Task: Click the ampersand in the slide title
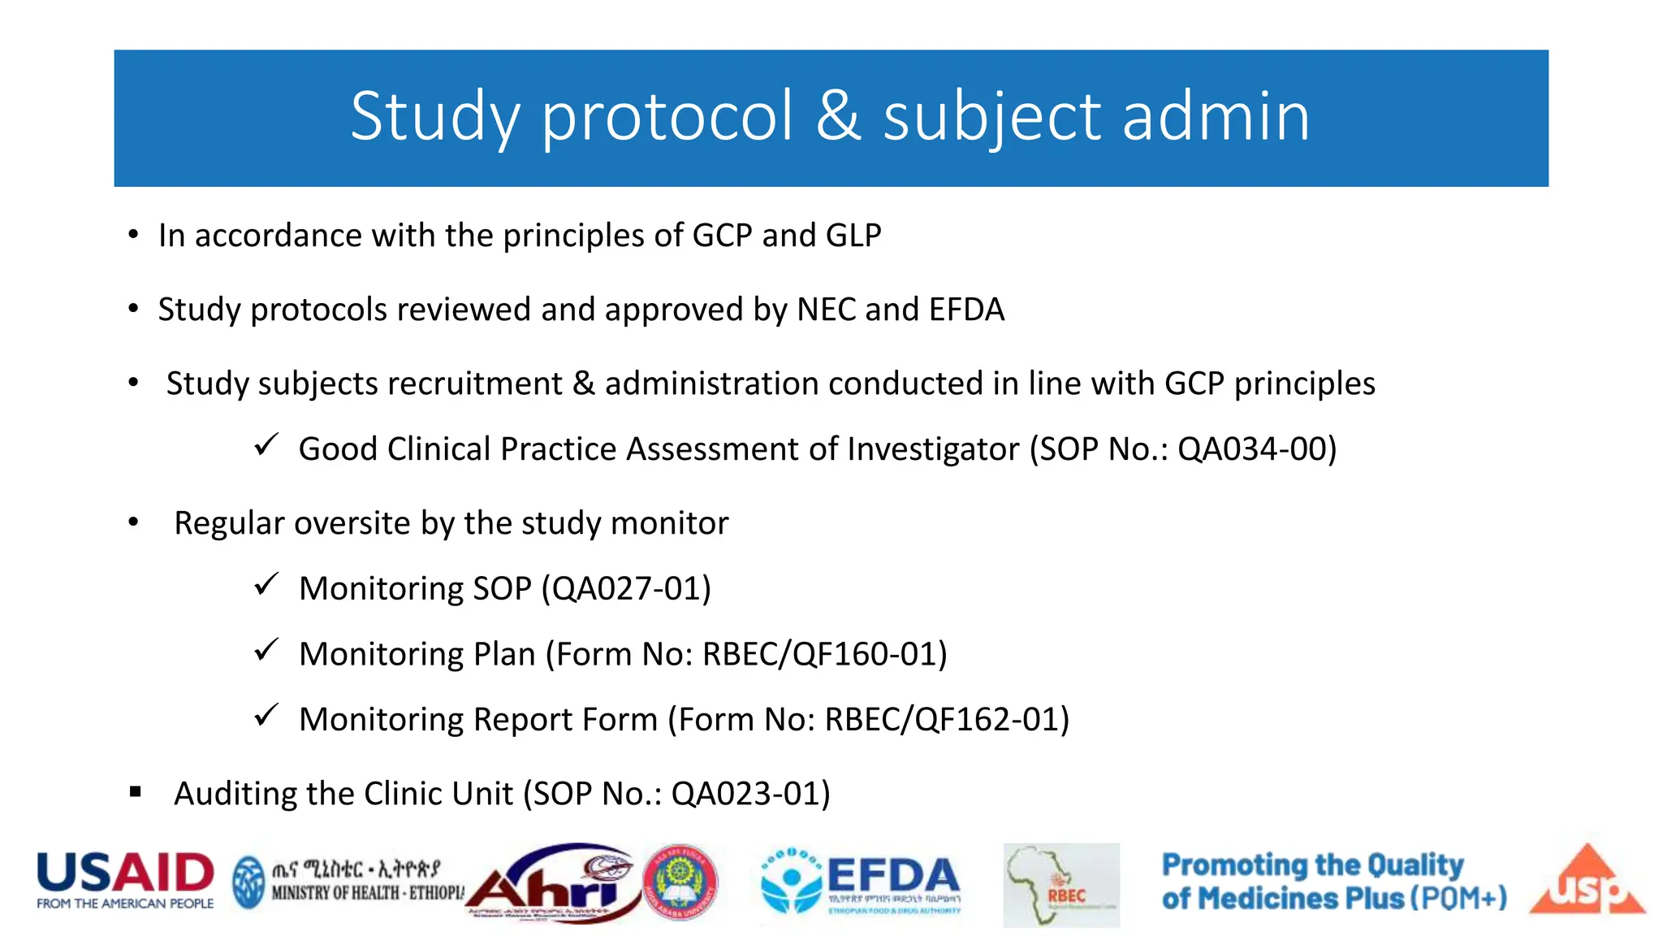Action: (838, 116)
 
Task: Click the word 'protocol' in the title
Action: (667, 118)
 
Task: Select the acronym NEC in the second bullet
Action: (827, 310)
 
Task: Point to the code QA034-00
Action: (1250, 449)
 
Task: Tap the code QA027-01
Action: (626, 589)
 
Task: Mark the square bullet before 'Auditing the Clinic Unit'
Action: (136, 791)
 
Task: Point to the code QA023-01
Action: (745, 794)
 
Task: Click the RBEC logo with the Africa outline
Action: (1060, 886)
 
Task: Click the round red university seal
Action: (680, 882)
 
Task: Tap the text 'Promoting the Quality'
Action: (1312, 865)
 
